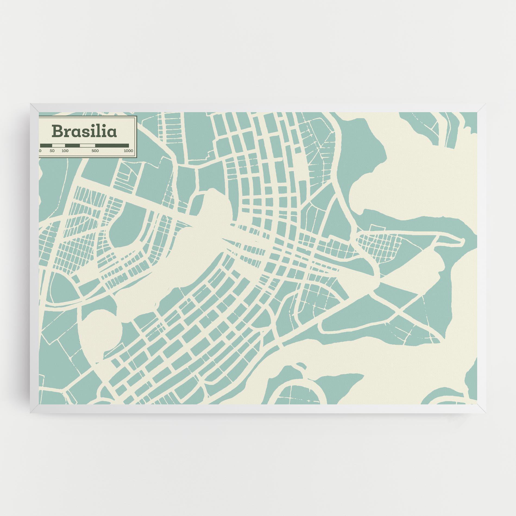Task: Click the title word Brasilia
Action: [x=84, y=131]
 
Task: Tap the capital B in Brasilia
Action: [x=57, y=131]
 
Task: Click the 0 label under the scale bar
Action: [x=40, y=151]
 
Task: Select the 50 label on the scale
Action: [x=52, y=151]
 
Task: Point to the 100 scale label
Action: [x=65, y=151]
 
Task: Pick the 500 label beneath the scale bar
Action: [x=95, y=151]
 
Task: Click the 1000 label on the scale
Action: [x=128, y=151]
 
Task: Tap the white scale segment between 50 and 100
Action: [x=58, y=145]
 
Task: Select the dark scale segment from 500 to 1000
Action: [x=112, y=145]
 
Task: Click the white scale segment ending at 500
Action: [x=87, y=145]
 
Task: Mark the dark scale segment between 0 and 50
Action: [x=46, y=145]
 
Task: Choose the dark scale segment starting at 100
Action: [x=72, y=145]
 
